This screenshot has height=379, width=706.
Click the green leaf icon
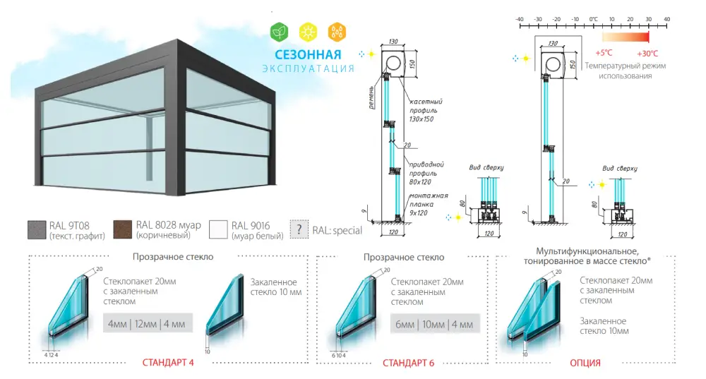(280, 32)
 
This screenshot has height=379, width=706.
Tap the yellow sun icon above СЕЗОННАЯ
(308, 32)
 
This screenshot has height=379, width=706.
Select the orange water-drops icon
(337, 32)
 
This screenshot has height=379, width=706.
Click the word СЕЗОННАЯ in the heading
(309, 54)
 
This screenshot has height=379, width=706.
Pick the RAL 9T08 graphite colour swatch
(37, 230)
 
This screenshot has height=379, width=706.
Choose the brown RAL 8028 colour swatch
(123, 230)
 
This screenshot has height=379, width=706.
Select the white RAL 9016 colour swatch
(219, 230)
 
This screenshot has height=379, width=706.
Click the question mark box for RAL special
(299, 230)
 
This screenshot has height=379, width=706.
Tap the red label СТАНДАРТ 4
(169, 363)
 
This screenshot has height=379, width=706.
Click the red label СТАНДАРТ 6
(408, 363)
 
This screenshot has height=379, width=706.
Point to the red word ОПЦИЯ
(585, 363)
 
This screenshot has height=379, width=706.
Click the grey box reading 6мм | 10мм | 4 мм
(433, 325)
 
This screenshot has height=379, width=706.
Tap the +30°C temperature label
(647, 54)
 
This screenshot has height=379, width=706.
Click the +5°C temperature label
(604, 54)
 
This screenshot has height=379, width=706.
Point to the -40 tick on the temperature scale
(519, 19)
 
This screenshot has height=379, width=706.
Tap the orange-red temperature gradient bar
(625, 37)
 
